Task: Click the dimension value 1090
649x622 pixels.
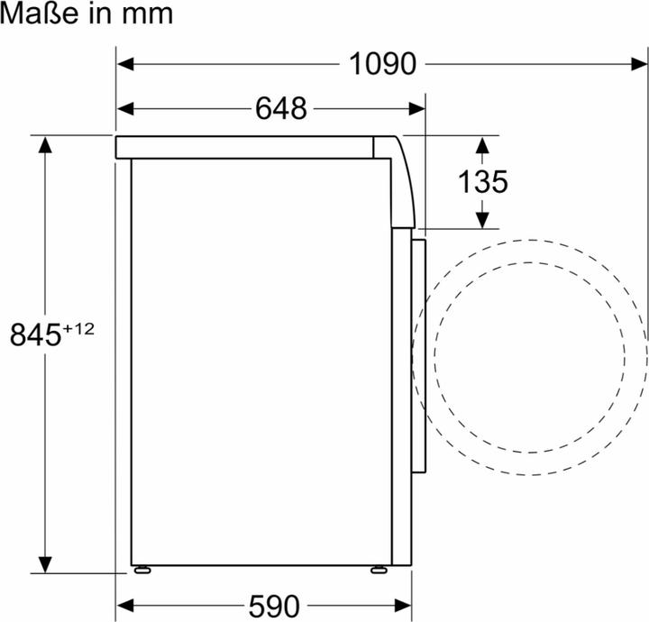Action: pyautogui.click(x=383, y=64)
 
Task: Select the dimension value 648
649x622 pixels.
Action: pyautogui.click(x=280, y=109)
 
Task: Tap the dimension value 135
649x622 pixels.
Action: pyautogui.click(x=482, y=182)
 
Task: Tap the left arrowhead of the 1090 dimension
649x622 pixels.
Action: pyautogui.click(x=127, y=64)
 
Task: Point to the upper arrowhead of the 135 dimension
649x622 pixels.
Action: pyautogui.click(x=482, y=145)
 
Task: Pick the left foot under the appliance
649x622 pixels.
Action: pyautogui.click(x=142, y=570)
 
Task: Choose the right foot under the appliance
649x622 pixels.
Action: pyautogui.click(x=379, y=570)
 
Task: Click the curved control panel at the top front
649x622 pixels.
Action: pyautogui.click(x=401, y=180)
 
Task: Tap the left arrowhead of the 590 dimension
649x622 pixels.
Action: pyautogui.click(x=127, y=604)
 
